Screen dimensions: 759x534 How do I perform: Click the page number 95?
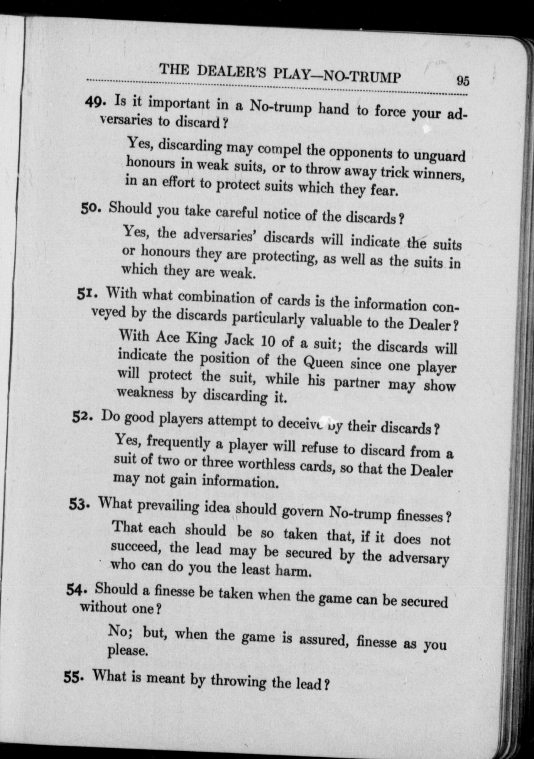click(463, 81)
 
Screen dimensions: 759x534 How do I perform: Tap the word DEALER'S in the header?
click(231, 73)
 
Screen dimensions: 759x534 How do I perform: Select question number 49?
click(94, 101)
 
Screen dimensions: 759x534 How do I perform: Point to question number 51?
click(86, 294)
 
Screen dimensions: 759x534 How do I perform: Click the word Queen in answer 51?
click(323, 363)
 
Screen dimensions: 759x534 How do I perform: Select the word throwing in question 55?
click(238, 681)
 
